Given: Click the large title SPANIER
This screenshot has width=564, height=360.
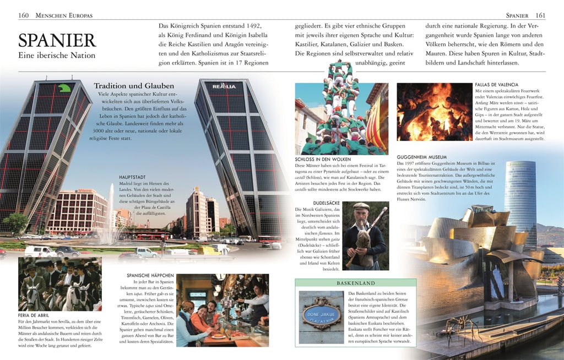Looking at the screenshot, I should pyautogui.click(x=57, y=40).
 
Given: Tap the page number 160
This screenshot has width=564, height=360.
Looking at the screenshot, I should pyautogui.click(x=24, y=15).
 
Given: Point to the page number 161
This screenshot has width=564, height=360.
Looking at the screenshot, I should pyautogui.click(x=540, y=15).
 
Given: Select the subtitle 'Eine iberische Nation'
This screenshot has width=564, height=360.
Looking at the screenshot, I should pyautogui.click(x=57, y=55).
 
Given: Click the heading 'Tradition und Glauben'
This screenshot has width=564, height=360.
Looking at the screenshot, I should pyautogui.click(x=134, y=86).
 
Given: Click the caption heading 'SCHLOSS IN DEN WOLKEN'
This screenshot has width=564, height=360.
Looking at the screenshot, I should pyautogui.click(x=322, y=159).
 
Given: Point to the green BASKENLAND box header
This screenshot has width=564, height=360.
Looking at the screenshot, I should pyautogui.click(x=355, y=282).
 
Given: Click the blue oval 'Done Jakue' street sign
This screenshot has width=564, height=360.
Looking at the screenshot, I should pyautogui.click(x=321, y=313).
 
